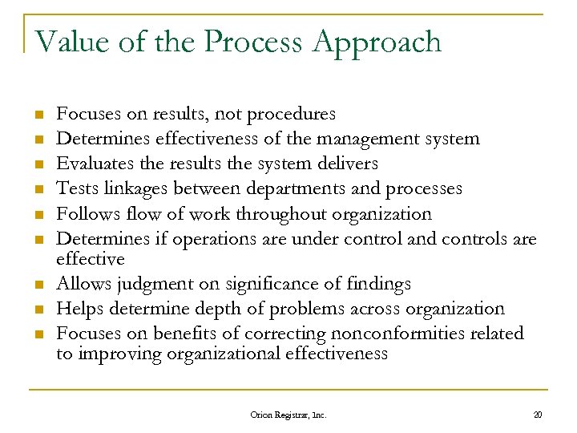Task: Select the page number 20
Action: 538,415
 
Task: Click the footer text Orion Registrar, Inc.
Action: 288,415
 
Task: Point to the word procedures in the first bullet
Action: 292,115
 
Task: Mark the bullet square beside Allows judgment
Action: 37,284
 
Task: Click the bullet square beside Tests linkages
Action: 37,189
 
